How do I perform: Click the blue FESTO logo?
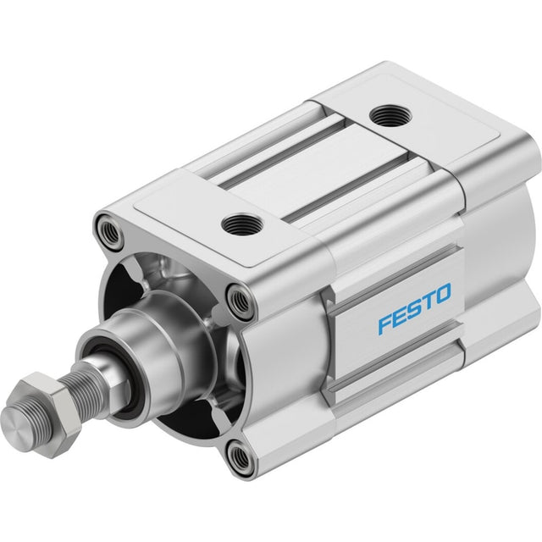(414, 307)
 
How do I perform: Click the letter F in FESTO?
(384, 325)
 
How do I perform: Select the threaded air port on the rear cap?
(390, 115)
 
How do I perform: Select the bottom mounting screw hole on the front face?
(240, 456)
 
